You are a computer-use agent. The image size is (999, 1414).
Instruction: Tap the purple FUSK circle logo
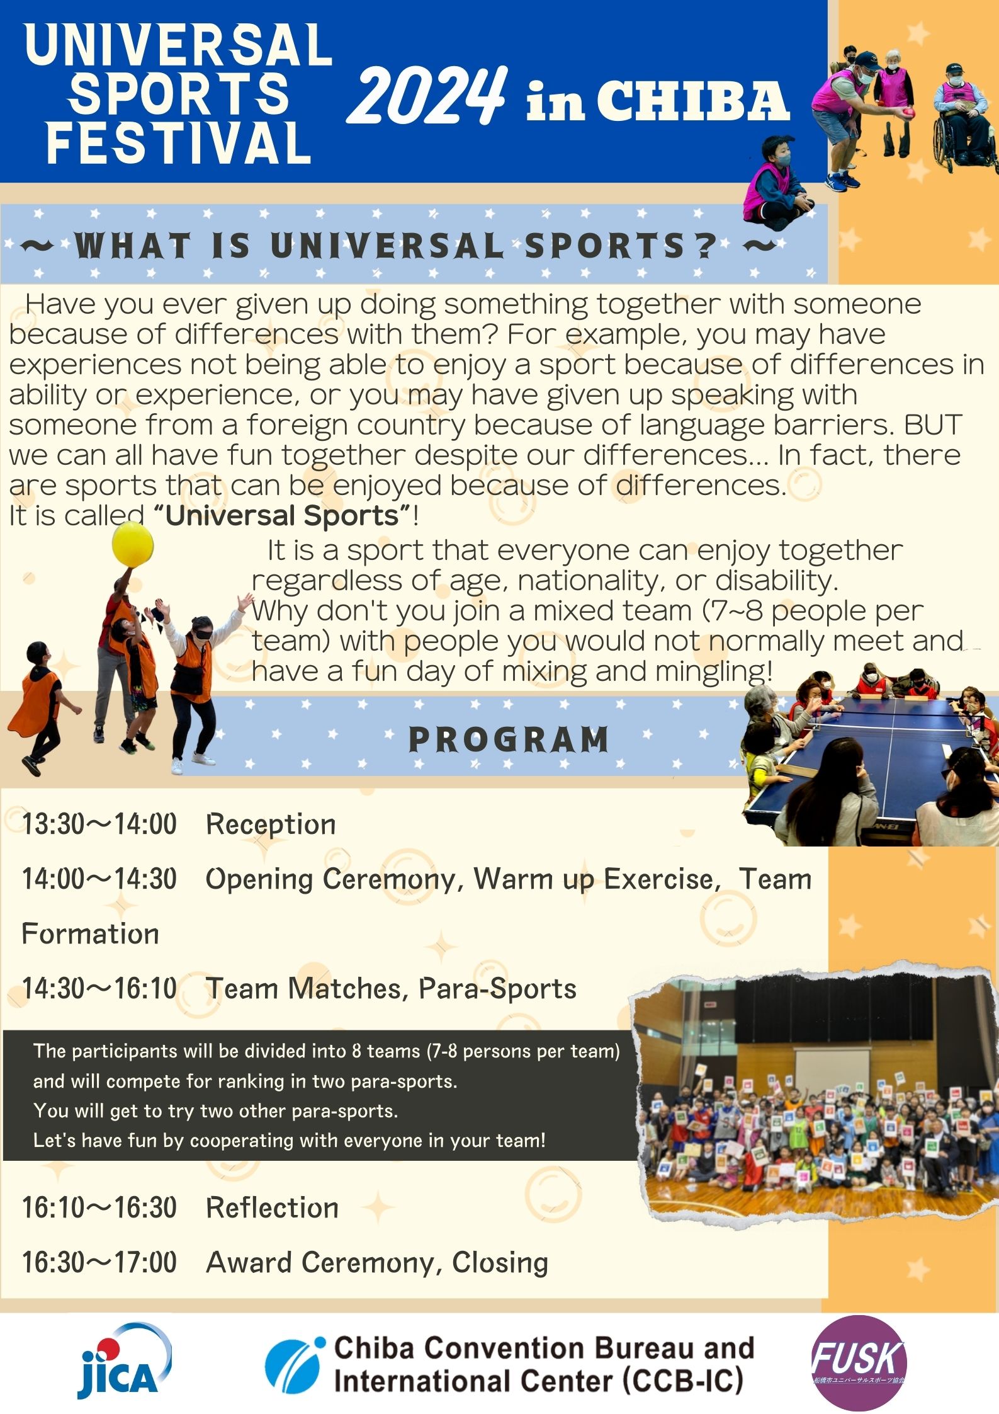(859, 1361)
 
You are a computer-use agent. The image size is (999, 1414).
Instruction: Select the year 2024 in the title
(427, 96)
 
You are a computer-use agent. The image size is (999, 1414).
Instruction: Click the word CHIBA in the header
(692, 101)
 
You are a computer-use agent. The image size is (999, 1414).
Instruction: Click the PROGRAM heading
(509, 739)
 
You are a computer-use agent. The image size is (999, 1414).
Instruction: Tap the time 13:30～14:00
(99, 824)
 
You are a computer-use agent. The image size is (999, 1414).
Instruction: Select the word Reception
(271, 824)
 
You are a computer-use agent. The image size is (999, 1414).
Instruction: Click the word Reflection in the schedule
(272, 1207)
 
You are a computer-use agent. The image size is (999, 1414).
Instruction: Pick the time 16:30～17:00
(99, 1262)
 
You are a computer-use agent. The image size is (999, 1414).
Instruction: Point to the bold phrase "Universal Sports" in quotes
(283, 515)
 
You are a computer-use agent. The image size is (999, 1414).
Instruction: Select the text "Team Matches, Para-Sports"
(391, 988)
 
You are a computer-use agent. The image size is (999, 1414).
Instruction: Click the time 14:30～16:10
(99, 988)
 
